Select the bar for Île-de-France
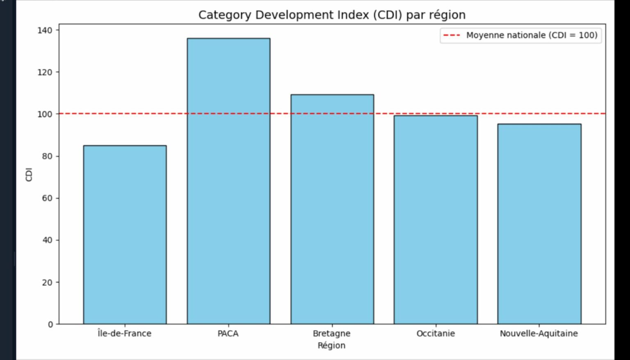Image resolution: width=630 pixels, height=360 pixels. pyautogui.click(x=125, y=235)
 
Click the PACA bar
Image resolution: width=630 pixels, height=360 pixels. pyautogui.click(x=228, y=181)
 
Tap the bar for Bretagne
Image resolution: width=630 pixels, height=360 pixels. pyautogui.click(x=332, y=209)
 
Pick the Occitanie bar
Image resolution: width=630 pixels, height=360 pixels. pyautogui.click(x=436, y=220)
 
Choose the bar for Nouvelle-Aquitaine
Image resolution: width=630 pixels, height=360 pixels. pyautogui.click(x=539, y=224)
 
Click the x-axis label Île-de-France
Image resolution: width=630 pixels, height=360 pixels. pyautogui.click(x=124, y=333)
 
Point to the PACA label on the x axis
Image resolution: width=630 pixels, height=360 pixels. pyautogui.click(x=228, y=333)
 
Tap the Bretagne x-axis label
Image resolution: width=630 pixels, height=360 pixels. pyautogui.click(x=331, y=333)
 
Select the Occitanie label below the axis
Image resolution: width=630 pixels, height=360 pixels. pyautogui.click(x=436, y=333)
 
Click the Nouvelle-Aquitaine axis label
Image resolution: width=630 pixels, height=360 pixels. pyautogui.click(x=539, y=333)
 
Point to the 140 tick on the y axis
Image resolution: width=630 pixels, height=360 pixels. pyautogui.click(x=45, y=30)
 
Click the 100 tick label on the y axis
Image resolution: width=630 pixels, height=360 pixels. pyautogui.click(x=45, y=114)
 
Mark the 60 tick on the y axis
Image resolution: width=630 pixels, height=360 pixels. pyautogui.click(x=47, y=198)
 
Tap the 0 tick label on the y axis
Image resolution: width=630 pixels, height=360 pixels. pyautogui.click(x=50, y=324)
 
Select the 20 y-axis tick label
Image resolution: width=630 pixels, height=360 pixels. pyautogui.click(x=47, y=283)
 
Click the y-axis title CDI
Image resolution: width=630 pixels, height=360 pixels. pyautogui.click(x=29, y=174)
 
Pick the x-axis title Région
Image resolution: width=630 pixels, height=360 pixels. pyautogui.click(x=331, y=346)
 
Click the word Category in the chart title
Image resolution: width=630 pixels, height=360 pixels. pyautogui.click(x=224, y=15)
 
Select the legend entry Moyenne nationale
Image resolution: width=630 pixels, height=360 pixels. pyautogui.click(x=532, y=35)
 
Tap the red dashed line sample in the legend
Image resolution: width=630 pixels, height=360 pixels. pyautogui.click(x=452, y=35)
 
